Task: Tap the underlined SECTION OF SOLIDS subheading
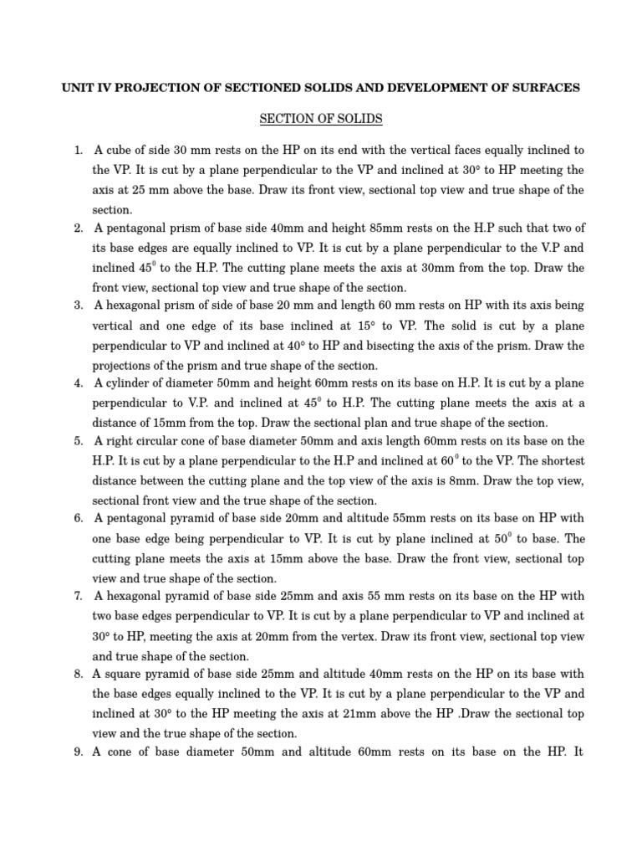click(321, 119)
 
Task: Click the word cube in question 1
click(118, 151)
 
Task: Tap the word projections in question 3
click(120, 366)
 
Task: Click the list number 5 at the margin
click(77, 441)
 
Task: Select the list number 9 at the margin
click(77, 752)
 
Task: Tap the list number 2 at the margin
click(77, 228)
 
